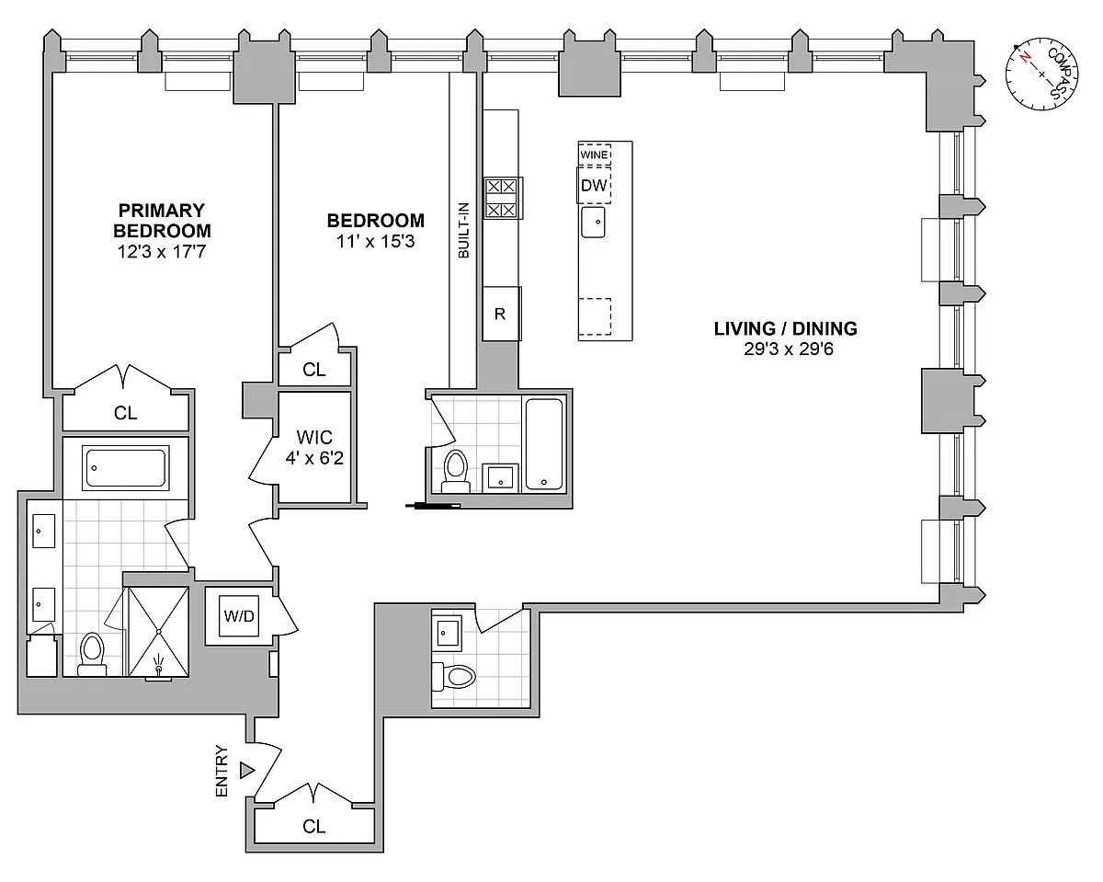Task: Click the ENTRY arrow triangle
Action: tap(247, 770)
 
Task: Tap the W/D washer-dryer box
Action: tap(239, 615)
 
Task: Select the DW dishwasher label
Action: tap(594, 185)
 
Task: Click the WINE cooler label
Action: tap(594, 155)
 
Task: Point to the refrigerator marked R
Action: tap(501, 314)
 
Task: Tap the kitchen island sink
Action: tap(594, 222)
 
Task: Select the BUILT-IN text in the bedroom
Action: tap(463, 230)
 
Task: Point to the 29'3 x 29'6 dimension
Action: tap(789, 349)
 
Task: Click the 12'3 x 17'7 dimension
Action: tap(162, 252)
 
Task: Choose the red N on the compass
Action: tap(1025, 57)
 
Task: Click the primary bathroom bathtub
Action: tap(126, 467)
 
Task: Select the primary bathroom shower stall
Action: tap(158, 632)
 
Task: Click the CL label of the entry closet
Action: tap(313, 826)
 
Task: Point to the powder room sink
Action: tap(447, 633)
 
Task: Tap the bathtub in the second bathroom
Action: tap(544, 444)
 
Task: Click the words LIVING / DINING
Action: tap(786, 328)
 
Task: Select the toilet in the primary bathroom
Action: tap(92, 654)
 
